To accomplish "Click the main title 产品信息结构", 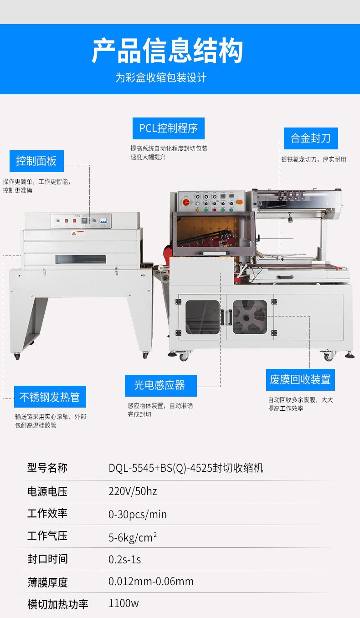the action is pos(167,51).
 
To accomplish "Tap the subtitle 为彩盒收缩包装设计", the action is pos(160,77).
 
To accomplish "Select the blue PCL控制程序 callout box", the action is pos(168,128).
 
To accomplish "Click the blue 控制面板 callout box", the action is pos(36,161).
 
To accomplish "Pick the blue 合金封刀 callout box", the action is pos(310,138).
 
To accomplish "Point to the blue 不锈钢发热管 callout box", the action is pos(50,397).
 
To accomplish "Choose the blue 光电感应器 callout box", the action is pos(160,385).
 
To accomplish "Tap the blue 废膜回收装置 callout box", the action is pos(300,379).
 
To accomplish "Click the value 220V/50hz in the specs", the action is pos(133,491).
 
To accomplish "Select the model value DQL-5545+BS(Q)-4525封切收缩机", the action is pos(185,468).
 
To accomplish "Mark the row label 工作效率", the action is pos(47,513).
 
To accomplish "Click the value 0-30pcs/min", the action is pos(138,514).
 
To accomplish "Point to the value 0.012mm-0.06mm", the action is pos(151,581).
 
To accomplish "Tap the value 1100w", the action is pos(123,603).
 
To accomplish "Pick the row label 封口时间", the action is pos(47,558).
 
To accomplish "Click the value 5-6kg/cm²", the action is pos(132,537).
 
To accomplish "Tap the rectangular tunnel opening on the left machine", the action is pos(81,259).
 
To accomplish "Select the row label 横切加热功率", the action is pos(57,604).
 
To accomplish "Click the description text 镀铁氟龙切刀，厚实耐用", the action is pos(314,159).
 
